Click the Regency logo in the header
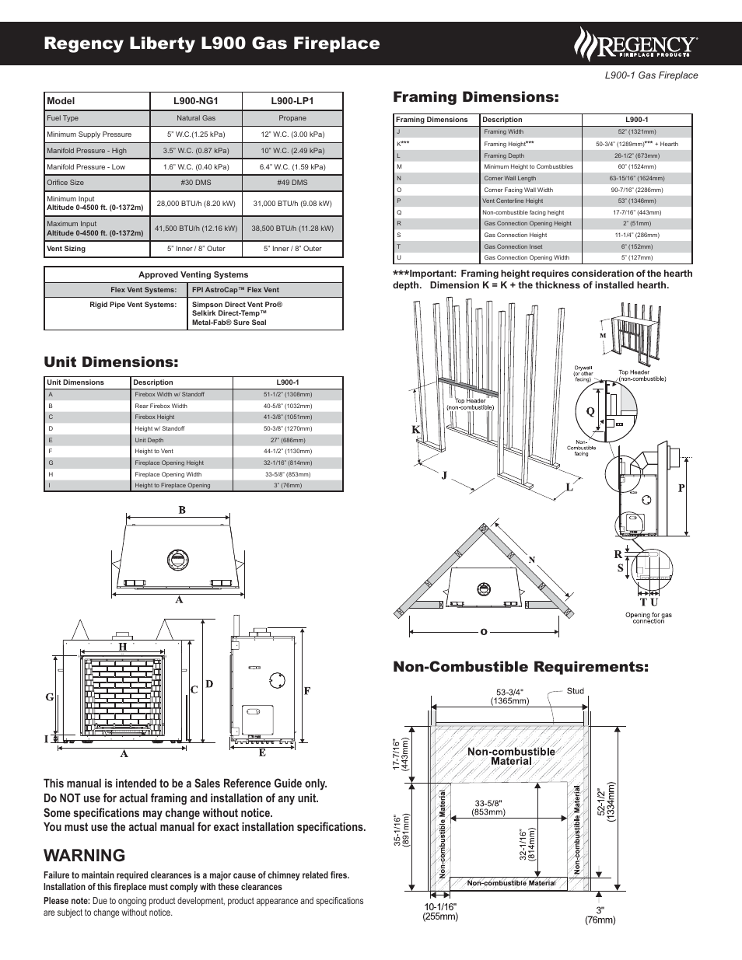coord(635,44)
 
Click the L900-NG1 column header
coord(196,101)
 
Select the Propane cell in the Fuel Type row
coord(292,118)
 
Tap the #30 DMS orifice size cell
coord(196,183)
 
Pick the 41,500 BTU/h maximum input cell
coord(196,229)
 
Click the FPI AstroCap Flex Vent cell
coord(236,290)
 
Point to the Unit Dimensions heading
coord(111,362)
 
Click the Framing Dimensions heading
coord(475,97)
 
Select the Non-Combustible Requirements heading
coord(520,667)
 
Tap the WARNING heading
coord(85,855)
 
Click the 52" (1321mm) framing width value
coord(636,132)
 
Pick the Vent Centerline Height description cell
coord(513,201)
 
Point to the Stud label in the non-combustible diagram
coord(575,691)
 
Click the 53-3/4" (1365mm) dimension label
coord(509,696)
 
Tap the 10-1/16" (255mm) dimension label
coord(440,912)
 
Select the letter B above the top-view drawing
coord(182,511)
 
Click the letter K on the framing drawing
coord(415,430)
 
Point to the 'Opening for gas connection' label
coord(648,618)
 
